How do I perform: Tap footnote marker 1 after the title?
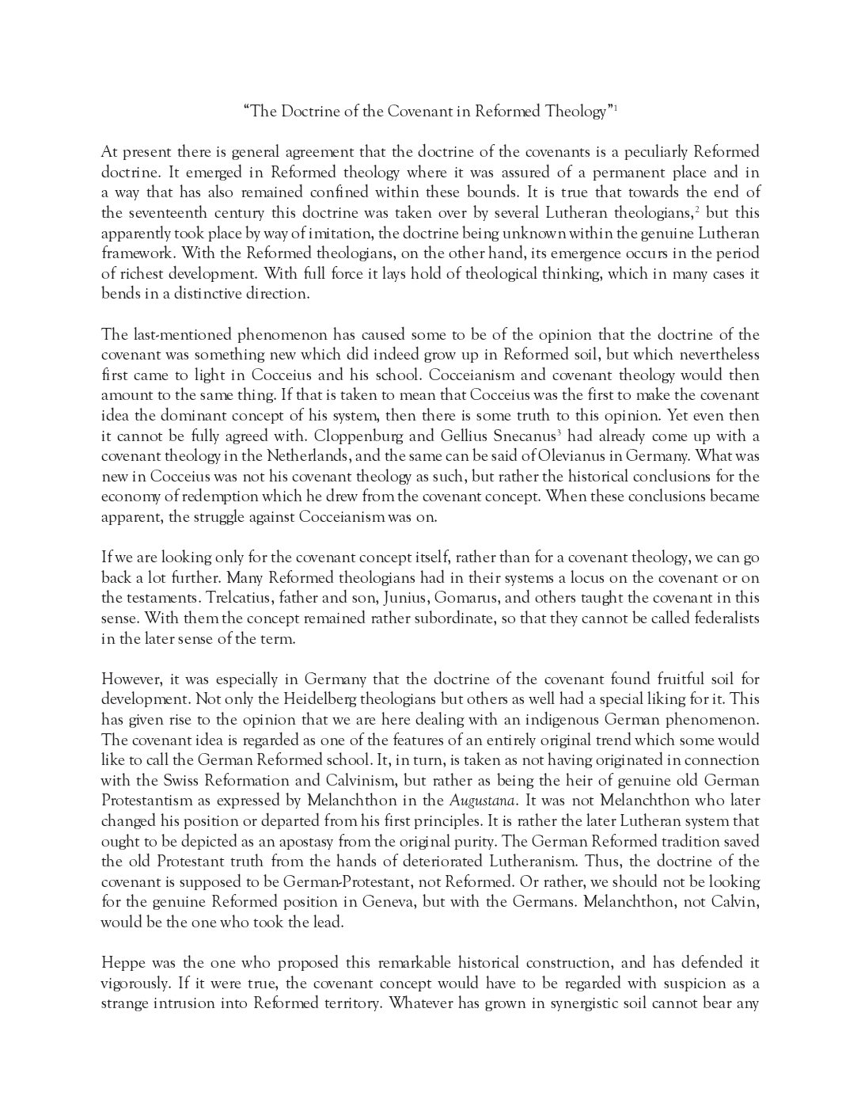click(x=615, y=108)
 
